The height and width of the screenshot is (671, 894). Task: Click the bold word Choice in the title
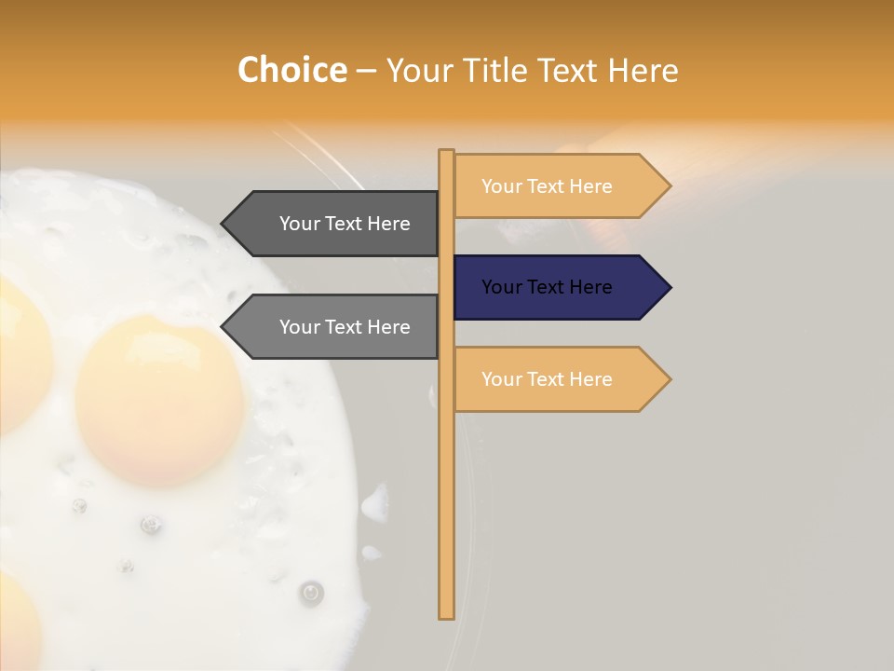tap(291, 70)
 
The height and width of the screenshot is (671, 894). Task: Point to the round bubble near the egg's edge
tap(311, 592)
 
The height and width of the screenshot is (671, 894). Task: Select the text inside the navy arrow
tap(547, 287)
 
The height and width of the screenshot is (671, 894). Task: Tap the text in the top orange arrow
tap(547, 186)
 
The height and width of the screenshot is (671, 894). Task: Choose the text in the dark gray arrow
tap(345, 224)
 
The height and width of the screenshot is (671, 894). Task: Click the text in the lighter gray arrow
tap(345, 327)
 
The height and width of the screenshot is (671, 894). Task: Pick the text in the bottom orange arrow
tap(547, 379)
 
